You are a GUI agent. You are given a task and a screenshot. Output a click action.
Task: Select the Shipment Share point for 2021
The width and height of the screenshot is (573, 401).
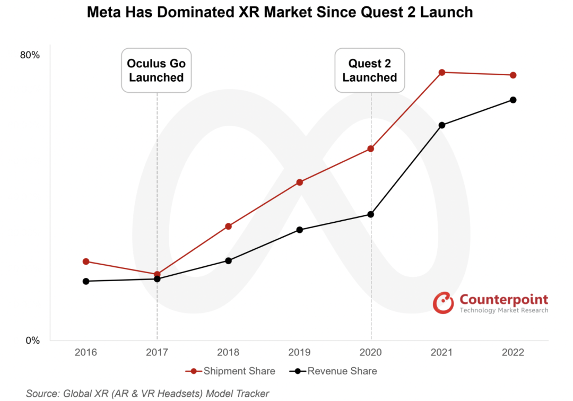tap(442, 72)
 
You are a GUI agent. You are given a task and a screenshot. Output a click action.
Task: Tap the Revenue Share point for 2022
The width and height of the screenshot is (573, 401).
tap(513, 100)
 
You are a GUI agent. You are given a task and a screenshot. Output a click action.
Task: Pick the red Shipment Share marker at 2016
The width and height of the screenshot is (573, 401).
tap(86, 261)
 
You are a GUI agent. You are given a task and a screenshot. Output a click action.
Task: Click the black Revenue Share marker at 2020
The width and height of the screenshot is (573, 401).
tap(371, 214)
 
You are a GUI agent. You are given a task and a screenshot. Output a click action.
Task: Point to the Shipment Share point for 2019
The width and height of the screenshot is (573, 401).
tap(300, 182)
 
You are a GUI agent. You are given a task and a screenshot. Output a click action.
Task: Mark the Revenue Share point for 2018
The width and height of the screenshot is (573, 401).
tap(229, 260)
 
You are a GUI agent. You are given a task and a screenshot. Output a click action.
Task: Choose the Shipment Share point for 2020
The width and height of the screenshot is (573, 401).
tap(371, 149)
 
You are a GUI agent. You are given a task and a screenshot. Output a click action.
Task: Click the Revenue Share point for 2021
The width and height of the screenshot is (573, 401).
tap(442, 125)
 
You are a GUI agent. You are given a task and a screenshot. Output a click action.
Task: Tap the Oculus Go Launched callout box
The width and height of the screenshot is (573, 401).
tap(157, 71)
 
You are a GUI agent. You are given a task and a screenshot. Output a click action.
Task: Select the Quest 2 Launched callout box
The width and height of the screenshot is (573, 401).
tap(370, 71)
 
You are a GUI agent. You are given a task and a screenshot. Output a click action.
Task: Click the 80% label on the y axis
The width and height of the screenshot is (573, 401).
tap(30, 55)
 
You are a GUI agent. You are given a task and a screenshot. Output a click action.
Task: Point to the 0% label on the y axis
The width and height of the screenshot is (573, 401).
tap(33, 341)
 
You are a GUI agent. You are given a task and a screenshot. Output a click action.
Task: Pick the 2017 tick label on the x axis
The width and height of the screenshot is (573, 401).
tap(157, 353)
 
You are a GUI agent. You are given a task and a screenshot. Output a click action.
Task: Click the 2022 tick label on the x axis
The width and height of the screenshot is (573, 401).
tap(513, 353)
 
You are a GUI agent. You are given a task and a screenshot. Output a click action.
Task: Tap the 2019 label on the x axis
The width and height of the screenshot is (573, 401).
tap(300, 353)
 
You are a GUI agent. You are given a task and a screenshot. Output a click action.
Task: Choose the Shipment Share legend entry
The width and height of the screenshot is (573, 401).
tap(231, 371)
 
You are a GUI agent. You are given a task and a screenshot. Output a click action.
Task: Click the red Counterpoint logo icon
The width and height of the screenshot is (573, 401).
tap(444, 302)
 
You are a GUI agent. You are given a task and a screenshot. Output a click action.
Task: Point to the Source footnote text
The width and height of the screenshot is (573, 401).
tap(147, 393)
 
